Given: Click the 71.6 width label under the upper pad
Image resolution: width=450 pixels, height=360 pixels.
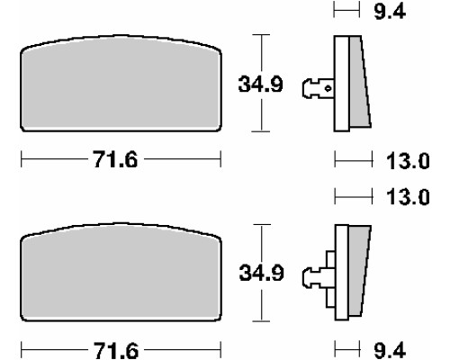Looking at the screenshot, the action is [x=115, y=159].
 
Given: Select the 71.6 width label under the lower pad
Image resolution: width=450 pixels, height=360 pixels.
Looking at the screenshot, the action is [x=116, y=350].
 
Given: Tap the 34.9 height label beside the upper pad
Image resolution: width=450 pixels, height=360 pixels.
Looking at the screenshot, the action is [x=260, y=85].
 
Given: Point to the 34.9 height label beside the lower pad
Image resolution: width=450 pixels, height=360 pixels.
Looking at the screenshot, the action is [x=261, y=273].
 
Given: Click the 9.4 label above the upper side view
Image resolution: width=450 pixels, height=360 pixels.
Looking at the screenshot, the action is [x=390, y=12].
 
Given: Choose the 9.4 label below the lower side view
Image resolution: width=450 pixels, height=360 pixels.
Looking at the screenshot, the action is [x=390, y=350].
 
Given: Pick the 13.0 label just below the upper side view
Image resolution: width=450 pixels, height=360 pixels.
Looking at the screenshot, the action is [x=408, y=161].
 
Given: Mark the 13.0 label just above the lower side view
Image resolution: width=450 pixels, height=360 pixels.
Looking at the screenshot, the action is [x=408, y=197].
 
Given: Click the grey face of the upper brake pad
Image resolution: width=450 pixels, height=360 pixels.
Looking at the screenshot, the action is [x=121, y=84].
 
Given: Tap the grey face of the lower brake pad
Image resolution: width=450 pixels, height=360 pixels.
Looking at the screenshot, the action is [x=121, y=273].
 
